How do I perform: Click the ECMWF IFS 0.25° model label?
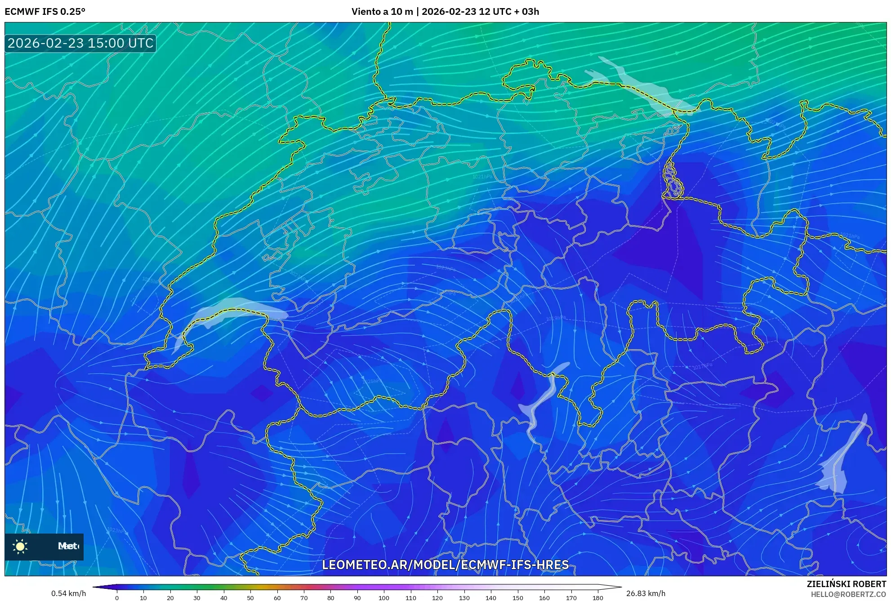click(x=45, y=12)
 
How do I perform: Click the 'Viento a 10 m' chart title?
click(x=382, y=12)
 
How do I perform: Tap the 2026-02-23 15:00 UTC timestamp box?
click(x=80, y=43)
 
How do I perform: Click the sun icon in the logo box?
click(x=20, y=546)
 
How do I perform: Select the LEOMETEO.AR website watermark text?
click(x=445, y=565)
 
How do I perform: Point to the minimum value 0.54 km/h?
click(x=68, y=593)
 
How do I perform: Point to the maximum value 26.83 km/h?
click(x=646, y=593)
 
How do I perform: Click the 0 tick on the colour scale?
click(x=117, y=598)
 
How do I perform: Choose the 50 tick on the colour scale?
click(x=250, y=598)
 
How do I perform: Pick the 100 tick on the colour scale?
click(x=384, y=598)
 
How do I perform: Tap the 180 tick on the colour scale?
click(x=598, y=598)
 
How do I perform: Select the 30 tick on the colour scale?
click(x=197, y=598)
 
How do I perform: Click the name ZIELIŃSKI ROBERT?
click(x=846, y=584)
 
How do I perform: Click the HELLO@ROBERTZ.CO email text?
click(x=848, y=594)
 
